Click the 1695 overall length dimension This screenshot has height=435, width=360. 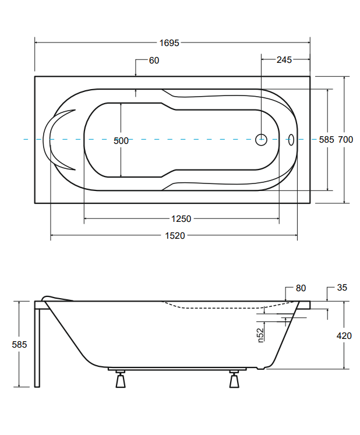(169, 43)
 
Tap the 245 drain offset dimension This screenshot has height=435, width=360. (284, 60)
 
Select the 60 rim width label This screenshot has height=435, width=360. (154, 61)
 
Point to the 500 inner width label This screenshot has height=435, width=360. (121, 141)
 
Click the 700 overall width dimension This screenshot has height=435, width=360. (345, 140)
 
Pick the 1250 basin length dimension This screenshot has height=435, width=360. (181, 219)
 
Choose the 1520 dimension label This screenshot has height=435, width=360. (175, 236)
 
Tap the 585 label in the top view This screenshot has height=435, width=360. (326, 140)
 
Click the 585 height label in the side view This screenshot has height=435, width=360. (19, 345)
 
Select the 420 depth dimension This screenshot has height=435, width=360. (344, 336)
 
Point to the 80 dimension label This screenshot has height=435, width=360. (301, 288)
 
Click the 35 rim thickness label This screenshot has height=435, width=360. (342, 288)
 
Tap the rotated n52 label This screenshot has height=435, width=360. (260, 335)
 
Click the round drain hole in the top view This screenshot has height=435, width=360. (261, 140)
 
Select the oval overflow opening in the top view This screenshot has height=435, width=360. (291, 140)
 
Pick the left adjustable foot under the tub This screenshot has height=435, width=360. (121, 379)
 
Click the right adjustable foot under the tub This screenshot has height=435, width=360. (234, 379)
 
